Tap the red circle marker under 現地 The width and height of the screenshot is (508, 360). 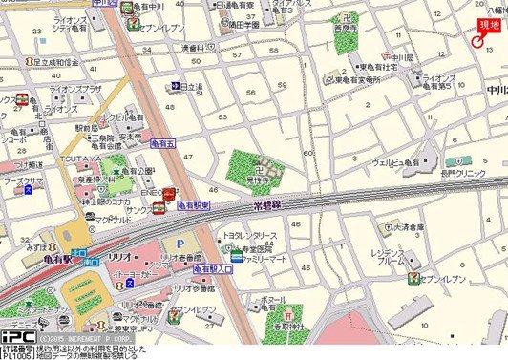click(x=478, y=39)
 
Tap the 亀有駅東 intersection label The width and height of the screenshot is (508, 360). click(x=193, y=205)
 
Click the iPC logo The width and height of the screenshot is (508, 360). click(x=18, y=336)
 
